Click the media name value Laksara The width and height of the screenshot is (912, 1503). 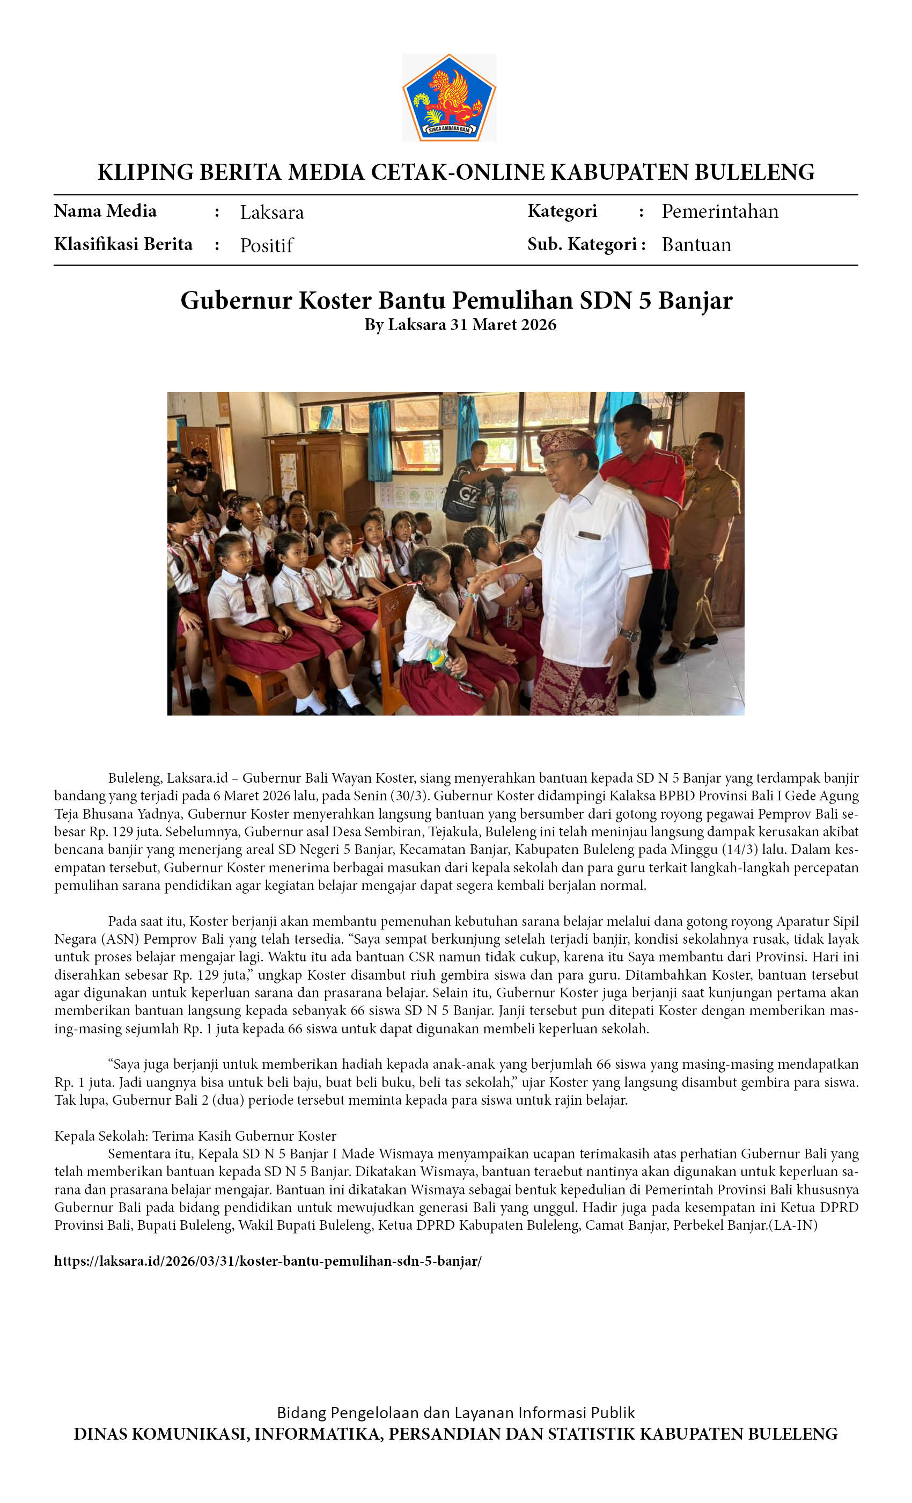(x=271, y=212)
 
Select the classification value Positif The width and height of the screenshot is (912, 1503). (x=267, y=245)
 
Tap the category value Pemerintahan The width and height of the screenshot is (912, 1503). (x=719, y=211)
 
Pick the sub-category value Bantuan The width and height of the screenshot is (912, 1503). (x=696, y=245)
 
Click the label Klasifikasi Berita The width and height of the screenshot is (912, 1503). (x=123, y=244)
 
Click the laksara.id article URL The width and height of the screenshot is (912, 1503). (x=268, y=1261)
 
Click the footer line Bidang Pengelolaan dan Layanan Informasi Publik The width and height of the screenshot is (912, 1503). (x=455, y=1413)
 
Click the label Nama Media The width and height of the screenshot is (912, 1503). (x=105, y=211)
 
